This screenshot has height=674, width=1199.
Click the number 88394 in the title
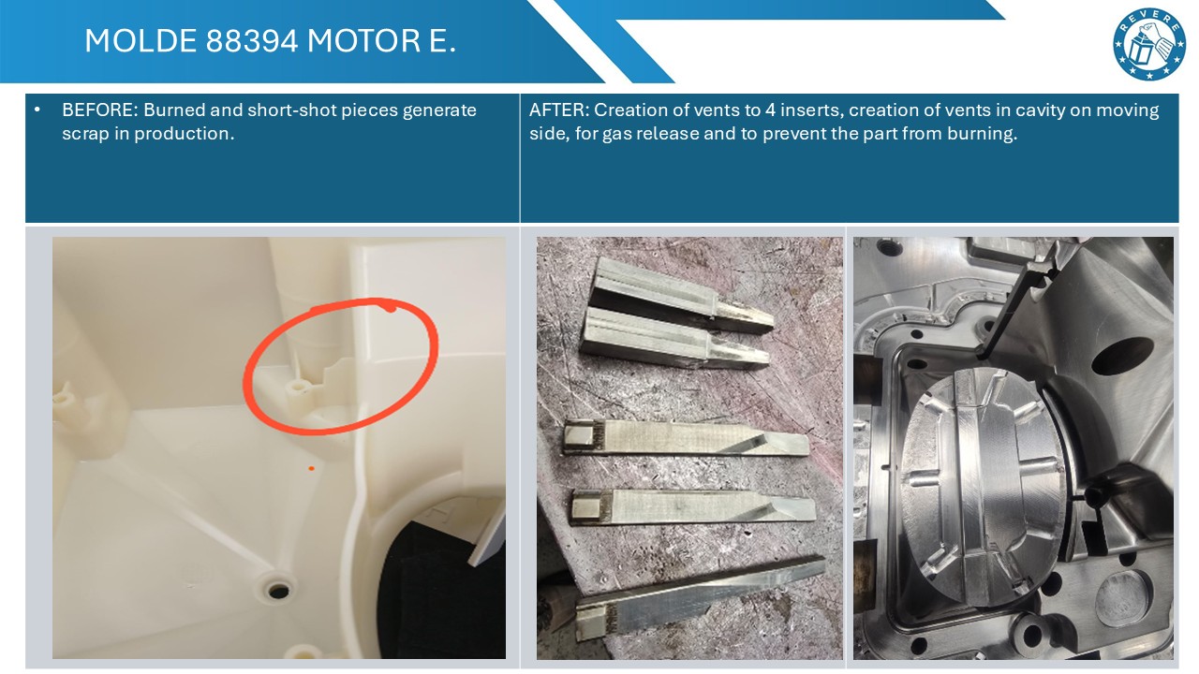[251, 40]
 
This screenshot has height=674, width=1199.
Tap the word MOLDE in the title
[141, 40]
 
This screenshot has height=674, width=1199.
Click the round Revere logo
[1148, 44]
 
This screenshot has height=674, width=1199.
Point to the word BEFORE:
[100, 110]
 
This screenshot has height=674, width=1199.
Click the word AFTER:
[559, 110]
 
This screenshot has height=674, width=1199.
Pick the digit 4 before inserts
[770, 110]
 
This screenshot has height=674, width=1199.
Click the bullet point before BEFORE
[37, 110]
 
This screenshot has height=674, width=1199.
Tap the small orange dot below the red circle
[312, 469]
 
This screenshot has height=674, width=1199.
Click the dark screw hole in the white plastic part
[278, 591]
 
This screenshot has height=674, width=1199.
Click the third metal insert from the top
[687, 438]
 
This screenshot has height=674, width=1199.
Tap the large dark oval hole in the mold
[1121, 355]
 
